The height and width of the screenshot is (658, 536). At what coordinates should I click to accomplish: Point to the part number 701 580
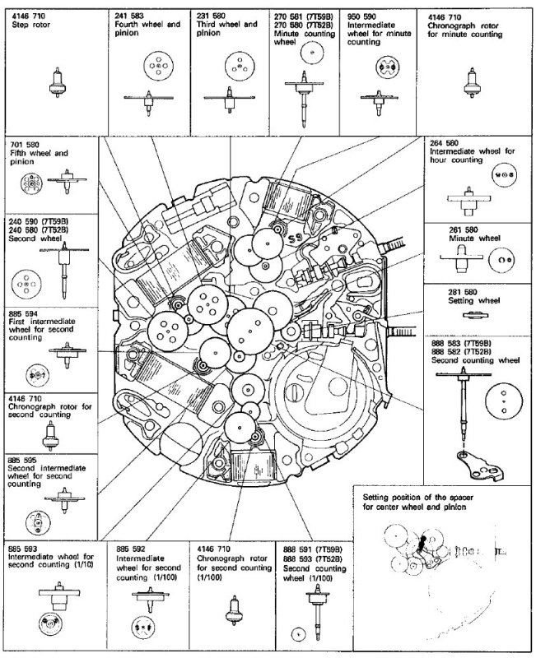(25, 143)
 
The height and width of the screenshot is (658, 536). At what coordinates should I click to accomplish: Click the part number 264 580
(448, 143)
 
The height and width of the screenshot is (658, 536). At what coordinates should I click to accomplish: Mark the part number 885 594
(25, 313)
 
